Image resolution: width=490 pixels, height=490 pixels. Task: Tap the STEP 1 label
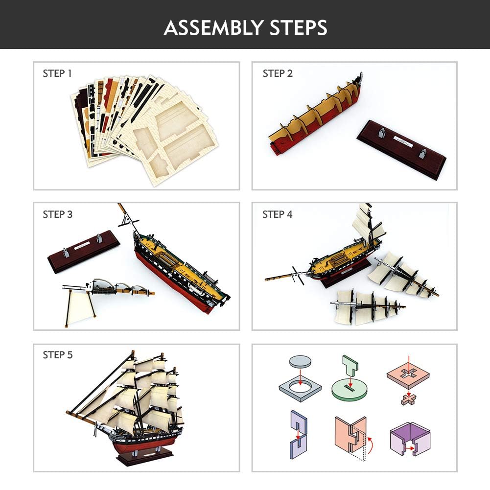[x=57, y=73]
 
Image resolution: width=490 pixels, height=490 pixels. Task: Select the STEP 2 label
[x=278, y=73]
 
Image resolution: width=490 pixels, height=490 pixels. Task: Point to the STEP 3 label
[x=57, y=214]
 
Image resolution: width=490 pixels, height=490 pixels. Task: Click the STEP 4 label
[x=278, y=214]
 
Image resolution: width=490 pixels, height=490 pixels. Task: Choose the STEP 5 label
[x=57, y=355]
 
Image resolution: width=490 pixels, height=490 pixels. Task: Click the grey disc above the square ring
[x=300, y=361]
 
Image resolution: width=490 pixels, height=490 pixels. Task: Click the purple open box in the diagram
[x=410, y=438]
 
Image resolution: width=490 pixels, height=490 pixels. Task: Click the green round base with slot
[x=349, y=390]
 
